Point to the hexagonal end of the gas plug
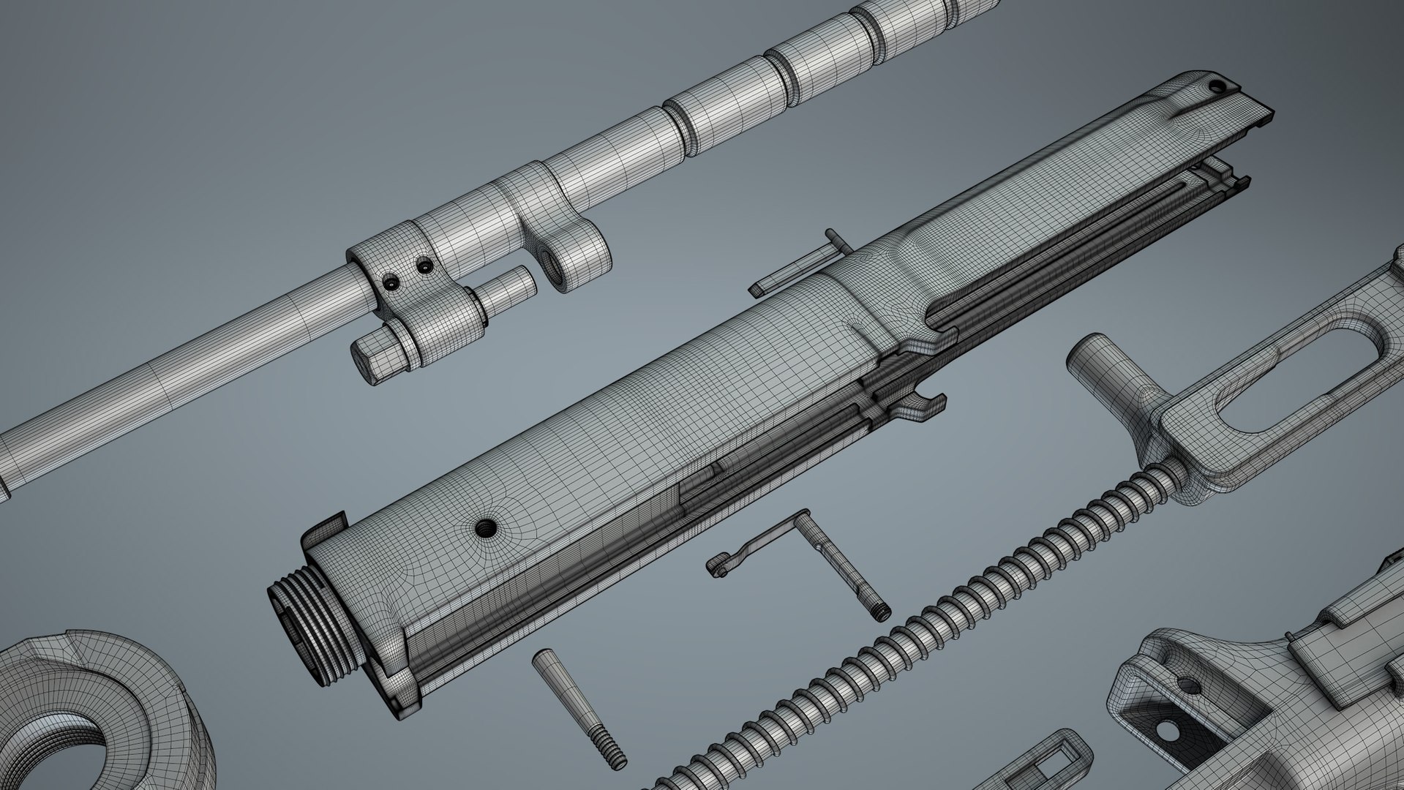(x=367, y=361)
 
